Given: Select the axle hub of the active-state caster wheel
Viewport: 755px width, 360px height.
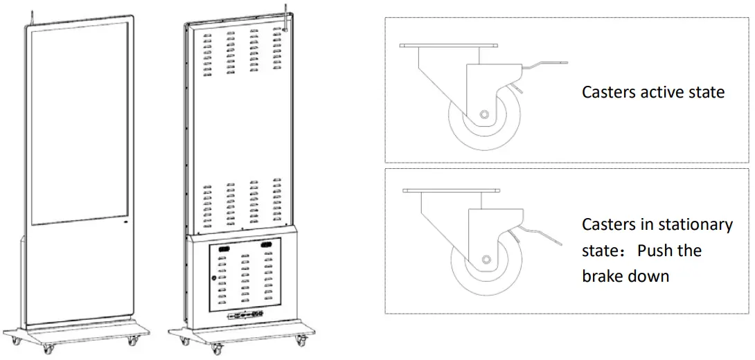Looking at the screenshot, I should click(483, 114).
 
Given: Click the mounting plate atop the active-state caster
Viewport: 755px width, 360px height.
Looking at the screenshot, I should click(449, 46).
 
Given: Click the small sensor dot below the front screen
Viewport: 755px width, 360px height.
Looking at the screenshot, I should click(125, 224).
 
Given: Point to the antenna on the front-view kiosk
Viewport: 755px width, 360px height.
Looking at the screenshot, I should click(29, 16).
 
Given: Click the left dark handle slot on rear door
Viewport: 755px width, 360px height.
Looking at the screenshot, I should click(224, 247).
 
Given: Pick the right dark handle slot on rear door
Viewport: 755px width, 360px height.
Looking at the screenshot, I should click(267, 245).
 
